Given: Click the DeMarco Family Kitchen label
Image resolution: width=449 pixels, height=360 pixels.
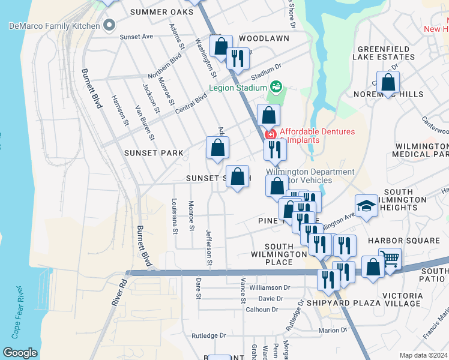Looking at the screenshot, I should coord(53,25).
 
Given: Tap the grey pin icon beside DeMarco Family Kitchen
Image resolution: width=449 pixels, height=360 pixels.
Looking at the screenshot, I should coord(109,25).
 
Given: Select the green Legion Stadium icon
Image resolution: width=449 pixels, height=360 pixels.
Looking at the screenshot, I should coord(276,87).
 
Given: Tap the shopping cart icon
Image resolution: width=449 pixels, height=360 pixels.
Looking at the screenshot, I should coord(390,259).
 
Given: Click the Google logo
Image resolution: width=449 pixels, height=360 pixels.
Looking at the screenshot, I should coord(20,353).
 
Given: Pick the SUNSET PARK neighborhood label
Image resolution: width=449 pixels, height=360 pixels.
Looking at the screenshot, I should coord(154,153).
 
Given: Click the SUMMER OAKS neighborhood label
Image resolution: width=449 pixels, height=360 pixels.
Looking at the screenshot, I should coord(158,12).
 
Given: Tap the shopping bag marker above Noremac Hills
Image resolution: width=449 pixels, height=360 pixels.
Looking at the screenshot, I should coord(389,83).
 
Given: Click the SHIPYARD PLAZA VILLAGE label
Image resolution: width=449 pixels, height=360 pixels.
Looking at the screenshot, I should coord(364,303).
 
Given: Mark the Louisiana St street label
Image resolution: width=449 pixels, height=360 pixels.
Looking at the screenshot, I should coord(175,215).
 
